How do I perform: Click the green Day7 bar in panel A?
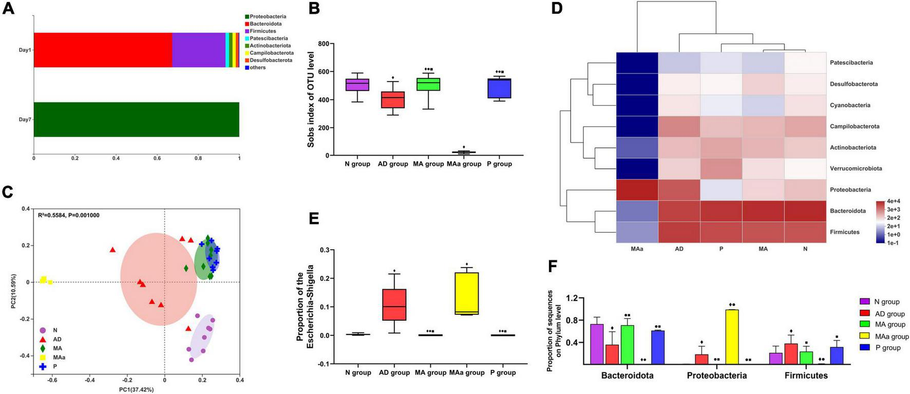click(x=136, y=120)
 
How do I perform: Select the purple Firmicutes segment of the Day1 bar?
click(x=198, y=50)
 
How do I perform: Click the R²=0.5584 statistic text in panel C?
click(x=69, y=215)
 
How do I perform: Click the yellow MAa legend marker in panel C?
click(x=43, y=357)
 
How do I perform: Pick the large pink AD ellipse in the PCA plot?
click(x=158, y=278)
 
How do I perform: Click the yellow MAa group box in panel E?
click(x=466, y=293)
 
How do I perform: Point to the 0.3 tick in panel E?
click(x=324, y=250)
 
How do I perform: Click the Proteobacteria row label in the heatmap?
click(x=850, y=190)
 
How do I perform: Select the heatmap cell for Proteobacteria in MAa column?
click(x=637, y=190)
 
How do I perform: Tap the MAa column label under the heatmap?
click(x=637, y=249)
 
